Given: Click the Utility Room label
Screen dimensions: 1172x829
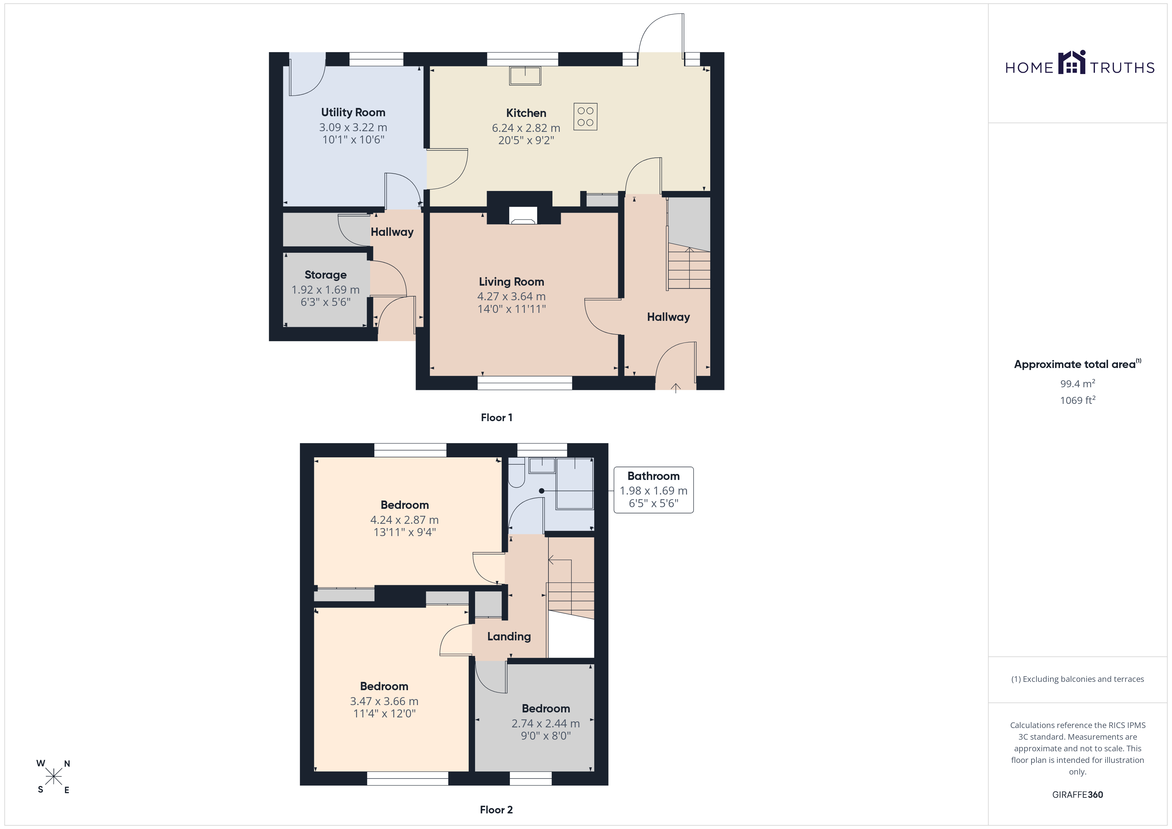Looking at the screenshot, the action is click(353, 112).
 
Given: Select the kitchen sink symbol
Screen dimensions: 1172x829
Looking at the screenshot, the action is click(525, 75).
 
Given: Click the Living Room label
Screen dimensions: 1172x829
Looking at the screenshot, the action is click(512, 282).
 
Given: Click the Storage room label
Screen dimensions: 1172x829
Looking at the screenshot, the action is click(326, 275).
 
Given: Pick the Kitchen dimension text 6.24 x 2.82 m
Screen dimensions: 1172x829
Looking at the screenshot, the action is click(526, 128).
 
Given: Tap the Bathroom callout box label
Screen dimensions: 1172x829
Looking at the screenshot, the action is click(653, 476).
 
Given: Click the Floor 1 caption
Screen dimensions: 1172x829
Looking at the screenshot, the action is click(497, 417).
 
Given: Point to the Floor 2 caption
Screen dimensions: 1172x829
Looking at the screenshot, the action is click(496, 810).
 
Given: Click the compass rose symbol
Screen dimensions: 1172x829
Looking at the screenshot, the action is click(53, 777).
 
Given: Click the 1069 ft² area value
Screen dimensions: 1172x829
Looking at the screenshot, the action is click(1078, 400).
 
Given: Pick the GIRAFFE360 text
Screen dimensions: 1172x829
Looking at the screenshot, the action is click(1078, 795).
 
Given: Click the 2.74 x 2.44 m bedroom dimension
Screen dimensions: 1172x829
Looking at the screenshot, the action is click(546, 723).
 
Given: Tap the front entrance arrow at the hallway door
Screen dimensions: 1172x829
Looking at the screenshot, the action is click(675, 388).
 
